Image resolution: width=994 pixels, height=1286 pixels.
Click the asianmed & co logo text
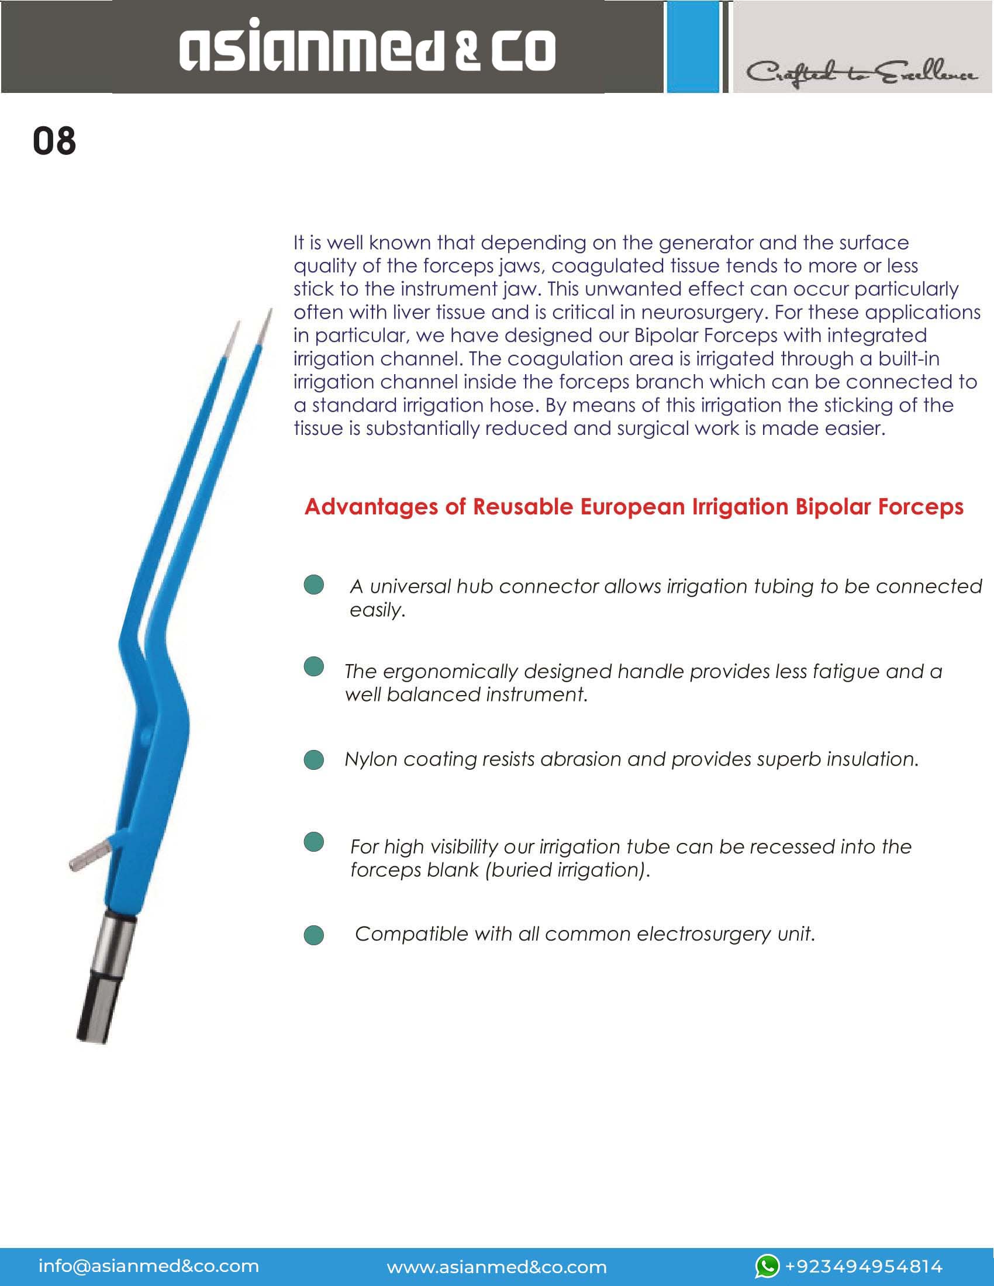pyautogui.click(x=367, y=47)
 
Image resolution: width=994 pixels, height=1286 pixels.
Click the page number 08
pyautogui.click(x=54, y=141)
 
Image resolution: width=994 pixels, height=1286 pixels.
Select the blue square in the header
pyautogui.click(x=692, y=47)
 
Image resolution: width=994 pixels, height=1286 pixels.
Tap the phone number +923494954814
pyautogui.click(x=864, y=1266)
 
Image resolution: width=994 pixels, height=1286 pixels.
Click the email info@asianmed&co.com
pyautogui.click(x=149, y=1266)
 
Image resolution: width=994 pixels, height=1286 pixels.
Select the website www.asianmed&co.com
pyautogui.click(x=496, y=1267)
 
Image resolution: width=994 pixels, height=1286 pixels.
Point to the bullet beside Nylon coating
pyautogui.click(x=314, y=759)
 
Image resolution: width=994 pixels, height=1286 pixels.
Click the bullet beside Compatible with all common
pyautogui.click(x=314, y=935)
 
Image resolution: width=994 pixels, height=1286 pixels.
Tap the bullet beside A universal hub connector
pyautogui.click(x=314, y=585)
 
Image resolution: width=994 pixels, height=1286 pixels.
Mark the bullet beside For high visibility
pyautogui.click(x=314, y=842)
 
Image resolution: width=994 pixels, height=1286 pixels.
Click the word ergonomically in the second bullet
pyautogui.click(x=450, y=671)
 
